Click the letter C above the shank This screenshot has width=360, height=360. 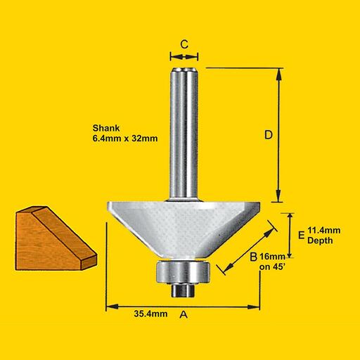(x=184, y=44)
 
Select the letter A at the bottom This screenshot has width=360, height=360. (x=185, y=316)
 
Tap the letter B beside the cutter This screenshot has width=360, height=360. (x=252, y=257)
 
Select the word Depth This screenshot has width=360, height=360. (x=321, y=240)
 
